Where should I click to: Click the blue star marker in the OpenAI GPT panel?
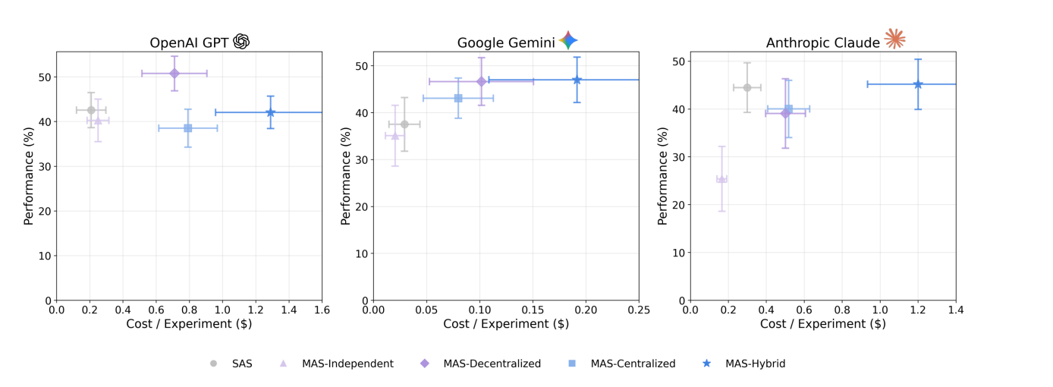tap(270, 112)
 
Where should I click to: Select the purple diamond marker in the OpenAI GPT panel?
tap(174, 74)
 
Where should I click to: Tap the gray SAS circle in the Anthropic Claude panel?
tap(747, 87)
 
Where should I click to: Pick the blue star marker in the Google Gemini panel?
tap(577, 80)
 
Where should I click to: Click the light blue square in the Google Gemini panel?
tap(458, 98)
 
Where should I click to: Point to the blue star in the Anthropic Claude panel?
tap(918, 84)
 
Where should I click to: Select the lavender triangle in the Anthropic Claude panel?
tap(721, 179)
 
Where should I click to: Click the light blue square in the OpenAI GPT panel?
tap(188, 128)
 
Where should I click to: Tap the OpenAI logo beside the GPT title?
tap(241, 42)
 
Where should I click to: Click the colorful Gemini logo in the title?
tap(568, 41)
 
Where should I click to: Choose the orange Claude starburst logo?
tap(894, 39)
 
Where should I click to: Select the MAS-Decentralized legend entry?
tap(481, 363)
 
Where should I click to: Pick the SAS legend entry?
tap(231, 363)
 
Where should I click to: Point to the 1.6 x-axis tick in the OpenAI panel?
tap(322, 310)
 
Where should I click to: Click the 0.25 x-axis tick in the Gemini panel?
tap(639, 310)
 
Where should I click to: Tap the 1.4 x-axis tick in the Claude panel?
tap(956, 310)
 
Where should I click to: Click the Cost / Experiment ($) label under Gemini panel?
tap(506, 324)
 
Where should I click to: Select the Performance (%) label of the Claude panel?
tap(662, 176)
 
